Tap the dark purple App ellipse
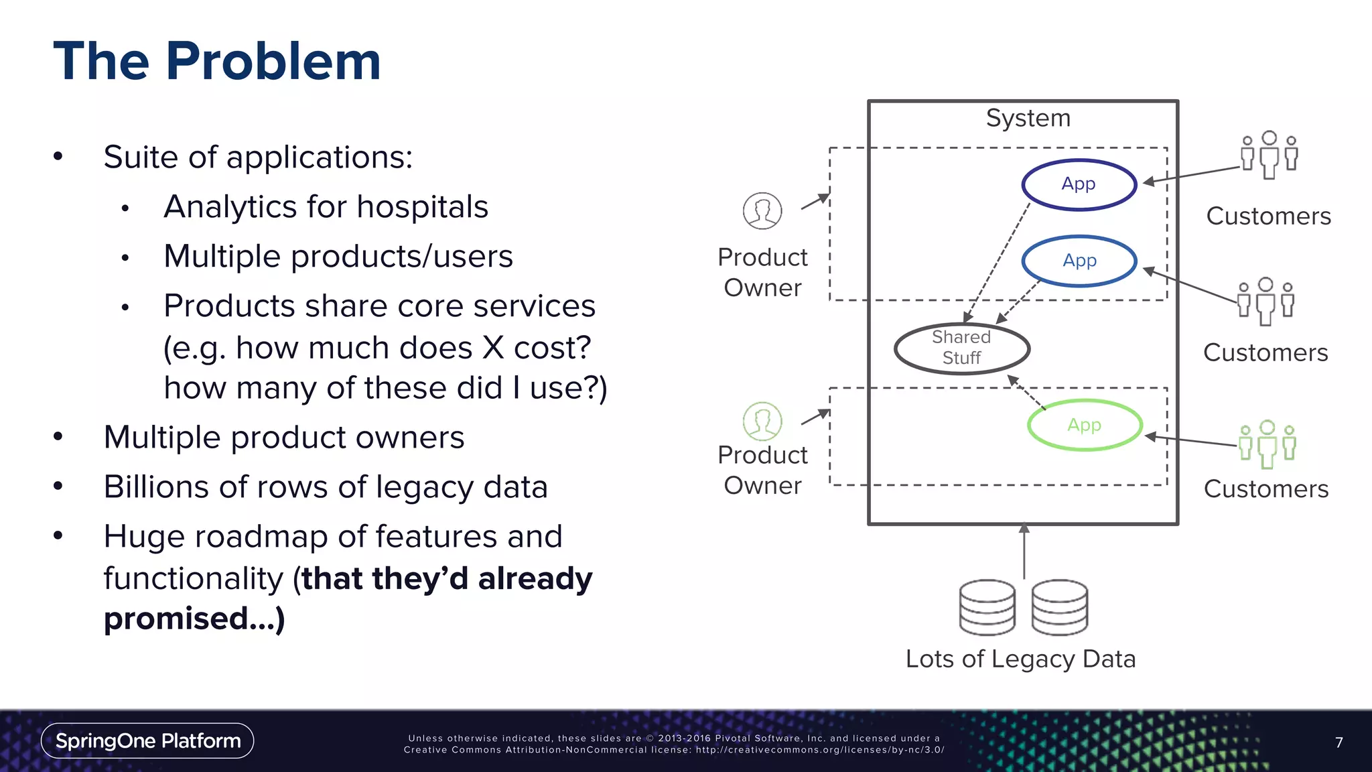pyautogui.click(x=1079, y=184)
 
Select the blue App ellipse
pyautogui.click(x=1079, y=261)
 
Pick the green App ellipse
pyautogui.click(x=1084, y=425)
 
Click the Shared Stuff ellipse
pyautogui.click(x=961, y=348)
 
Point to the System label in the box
pyautogui.click(x=1028, y=118)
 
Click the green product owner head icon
pyautogui.click(x=762, y=421)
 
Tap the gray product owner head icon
pyautogui.click(x=762, y=210)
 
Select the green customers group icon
pyautogui.click(x=1267, y=444)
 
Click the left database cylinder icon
pyautogui.click(x=987, y=607)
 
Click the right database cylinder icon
pyautogui.click(x=1059, y=607)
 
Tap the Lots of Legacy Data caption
pyautogui.click(x=1020, y=659)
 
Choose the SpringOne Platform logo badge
pyautogui.click(x=147, y=741)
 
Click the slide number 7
pyautogui.click(x=1339, y=743)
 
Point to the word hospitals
pyautogui.click(x=422, y=206)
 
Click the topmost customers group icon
pyautogui.click(x=1269, y=155)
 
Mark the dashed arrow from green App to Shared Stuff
pyautogui.click(x=1026, y=392)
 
